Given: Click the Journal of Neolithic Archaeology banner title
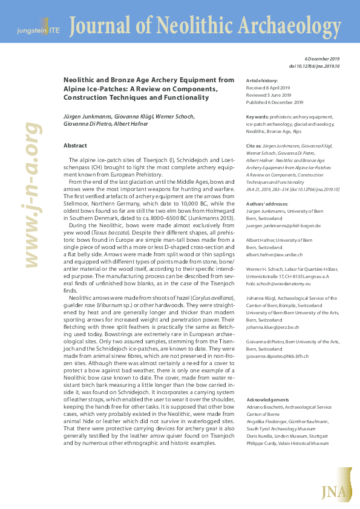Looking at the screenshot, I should click(204, 25).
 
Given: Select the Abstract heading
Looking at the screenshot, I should click(75, 146).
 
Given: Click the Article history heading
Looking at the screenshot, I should click(262, 81).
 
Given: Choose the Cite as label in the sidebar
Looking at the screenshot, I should click(255, 146).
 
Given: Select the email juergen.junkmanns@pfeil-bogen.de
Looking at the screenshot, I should click(283, 225).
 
